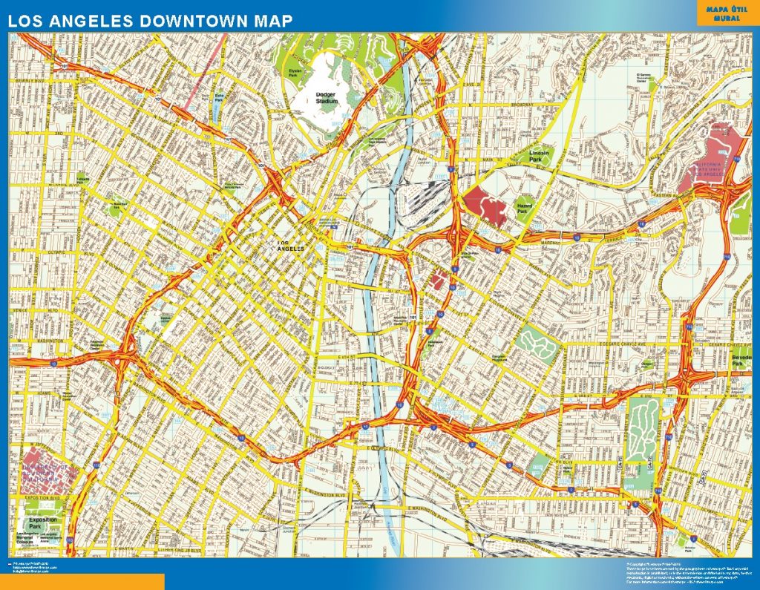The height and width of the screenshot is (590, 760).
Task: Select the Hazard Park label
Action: pos(525,208)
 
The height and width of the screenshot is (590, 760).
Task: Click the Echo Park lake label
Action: pos(219,96)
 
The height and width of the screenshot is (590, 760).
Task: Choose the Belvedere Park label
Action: pos(741,359)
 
